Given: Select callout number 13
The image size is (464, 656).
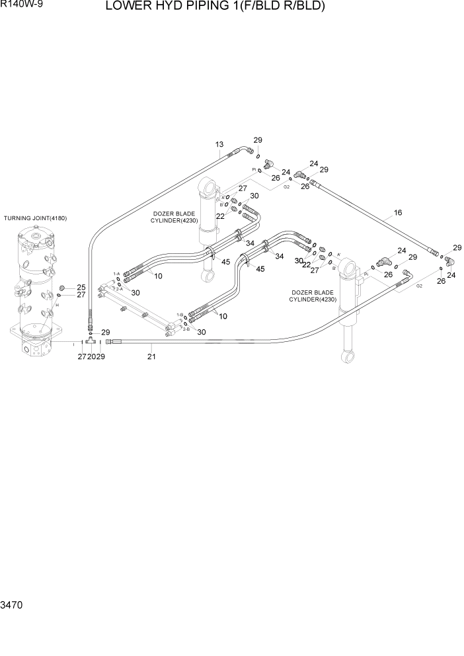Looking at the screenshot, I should (219, 145).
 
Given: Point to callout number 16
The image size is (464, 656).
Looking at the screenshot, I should (398, 213).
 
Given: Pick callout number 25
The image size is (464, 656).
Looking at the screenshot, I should (81, 287).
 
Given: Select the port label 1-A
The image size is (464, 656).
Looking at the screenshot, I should (116, 274).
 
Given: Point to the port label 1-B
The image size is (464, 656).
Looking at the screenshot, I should (179, 315).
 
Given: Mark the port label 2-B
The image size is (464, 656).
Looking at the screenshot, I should (186, 329).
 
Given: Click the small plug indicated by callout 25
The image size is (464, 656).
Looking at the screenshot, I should (63, 288).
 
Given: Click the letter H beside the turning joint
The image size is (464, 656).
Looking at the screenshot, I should (57, 305).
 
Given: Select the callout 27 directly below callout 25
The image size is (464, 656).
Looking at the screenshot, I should (81, 295).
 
